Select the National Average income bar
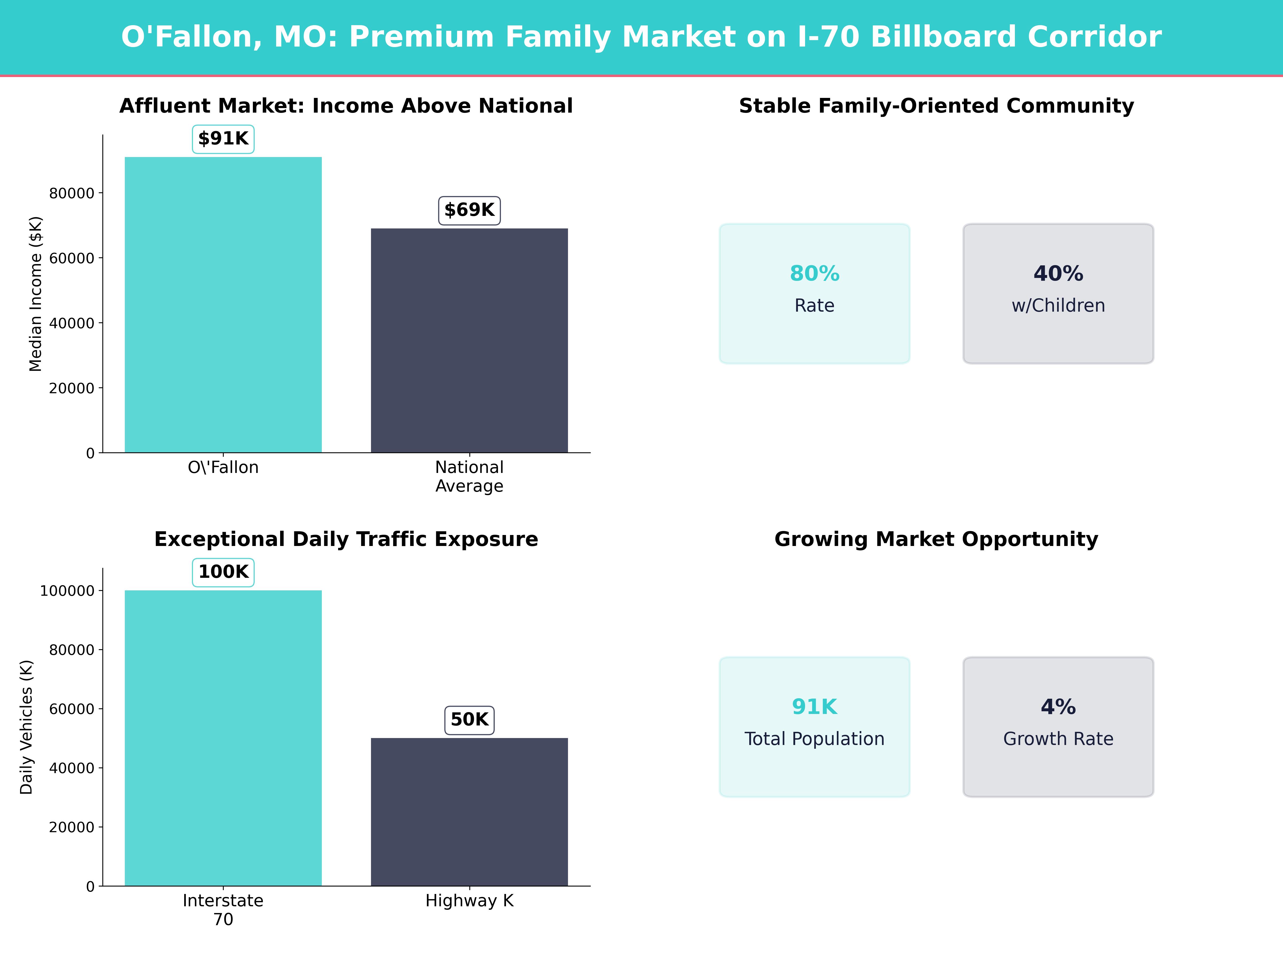[x=469, y=341]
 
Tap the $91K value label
[x=223, y=139]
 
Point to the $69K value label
[x=469, y=210]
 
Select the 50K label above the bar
[x=469, y=720]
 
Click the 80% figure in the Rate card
[x=814, y=273]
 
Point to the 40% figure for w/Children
[x=1058, y=273]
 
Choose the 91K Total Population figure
[x=814, y=707]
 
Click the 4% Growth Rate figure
[x=1058, y=707]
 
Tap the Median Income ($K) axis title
[x=35, y=294]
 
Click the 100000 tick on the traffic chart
[x=67, y=591]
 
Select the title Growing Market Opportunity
[x=936, y=539]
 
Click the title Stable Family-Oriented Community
[x=936, y=106]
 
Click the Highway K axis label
[x=469, y=901]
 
